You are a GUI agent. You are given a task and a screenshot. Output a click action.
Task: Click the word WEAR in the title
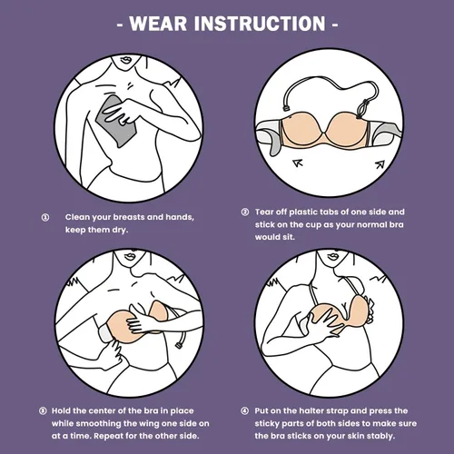tap(158, 24)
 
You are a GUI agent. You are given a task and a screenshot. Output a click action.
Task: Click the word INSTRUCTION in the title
tap(260, 24)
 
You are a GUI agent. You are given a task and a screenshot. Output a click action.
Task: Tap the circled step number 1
tap(45, 217)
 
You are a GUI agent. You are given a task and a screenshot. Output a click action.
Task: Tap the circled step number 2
tap(245, 212)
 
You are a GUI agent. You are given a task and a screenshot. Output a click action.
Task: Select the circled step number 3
tap(43, 410)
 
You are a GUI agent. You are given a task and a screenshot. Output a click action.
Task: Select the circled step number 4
tap(245, 410)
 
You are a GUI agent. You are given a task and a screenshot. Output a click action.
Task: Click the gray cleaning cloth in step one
tap(116, 122)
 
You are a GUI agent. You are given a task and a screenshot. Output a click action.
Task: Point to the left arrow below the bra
tap(298, 163)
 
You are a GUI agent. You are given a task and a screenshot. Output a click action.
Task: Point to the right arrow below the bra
tap(380, 164)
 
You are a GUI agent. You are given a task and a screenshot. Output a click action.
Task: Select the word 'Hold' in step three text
tap(61, 410)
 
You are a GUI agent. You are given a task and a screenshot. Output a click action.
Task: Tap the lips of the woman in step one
tap(126, 60)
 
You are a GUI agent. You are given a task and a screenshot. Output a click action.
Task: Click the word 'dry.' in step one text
tap(120, 230)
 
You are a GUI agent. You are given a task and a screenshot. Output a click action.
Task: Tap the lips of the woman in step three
tap(130, 256)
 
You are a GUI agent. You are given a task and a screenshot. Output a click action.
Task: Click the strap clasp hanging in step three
tap(180, 345)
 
